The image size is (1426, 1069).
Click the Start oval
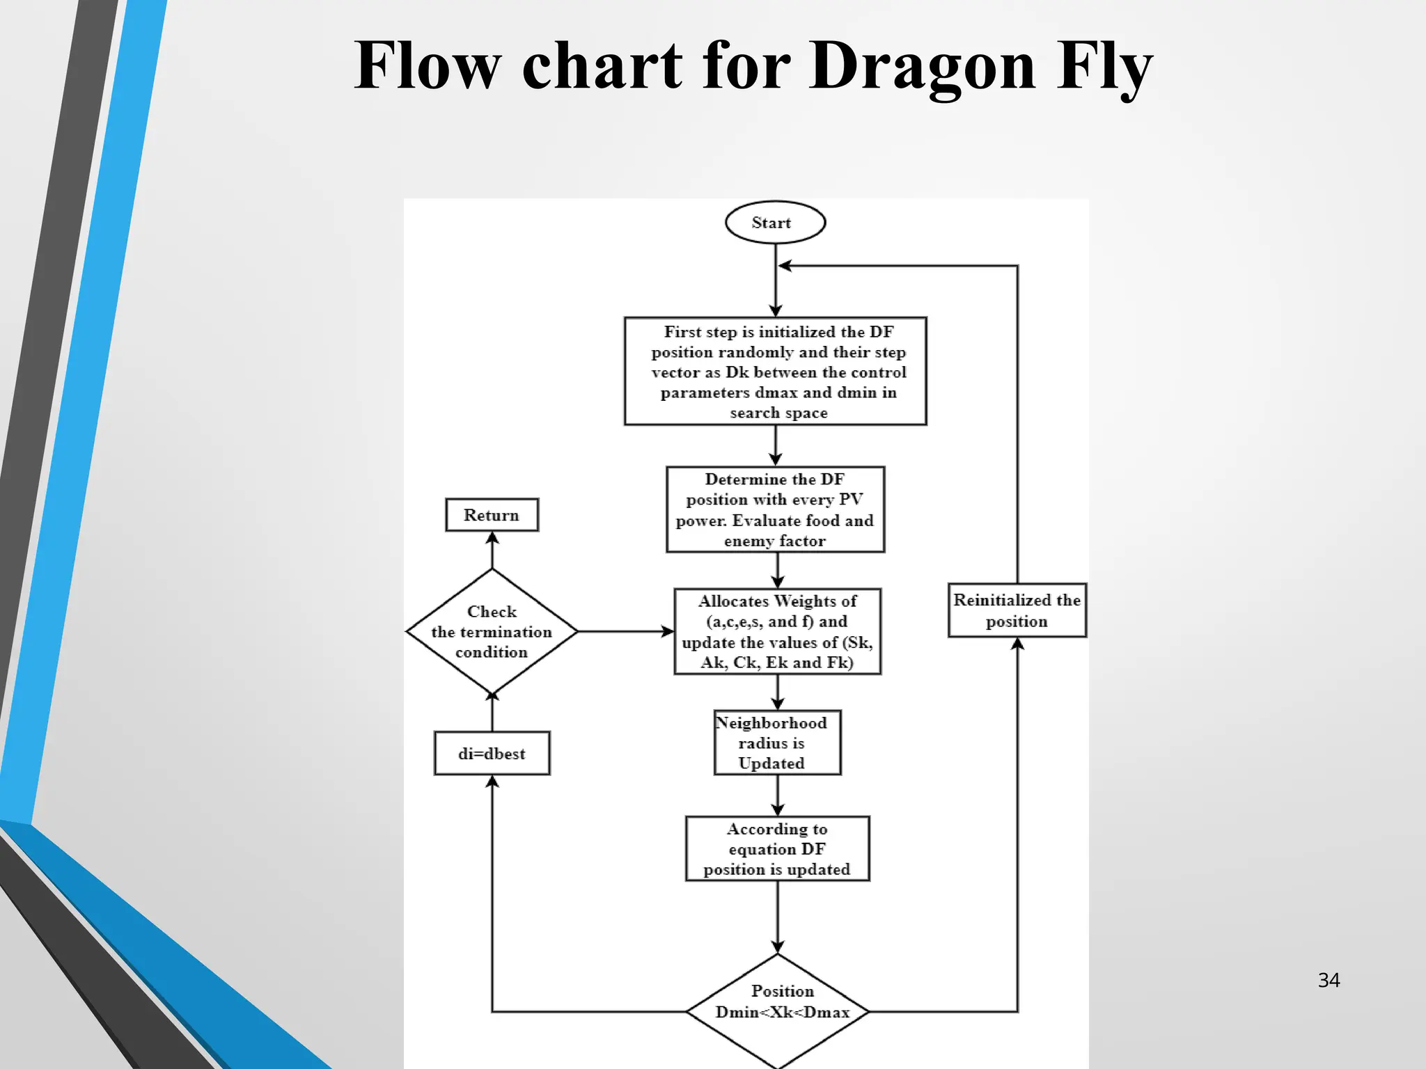point(775,223)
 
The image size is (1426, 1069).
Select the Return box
point(492,515)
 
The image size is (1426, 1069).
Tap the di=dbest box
point(492,753)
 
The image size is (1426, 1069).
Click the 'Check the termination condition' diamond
point(492,631)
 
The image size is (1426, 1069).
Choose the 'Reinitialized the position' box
point(1017,610)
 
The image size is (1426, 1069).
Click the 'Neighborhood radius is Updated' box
point(777,743)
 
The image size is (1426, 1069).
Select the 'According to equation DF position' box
point(777,848)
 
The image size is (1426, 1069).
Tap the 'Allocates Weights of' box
point(777,631)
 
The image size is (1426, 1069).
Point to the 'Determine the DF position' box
point(775,509)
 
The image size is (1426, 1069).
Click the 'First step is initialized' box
point(775,371)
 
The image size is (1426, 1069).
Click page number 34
point(1329,981)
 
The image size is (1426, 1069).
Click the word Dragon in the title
point(923,66)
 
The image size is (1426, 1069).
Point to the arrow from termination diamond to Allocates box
point(625,631)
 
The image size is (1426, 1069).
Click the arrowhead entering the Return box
point(492,538)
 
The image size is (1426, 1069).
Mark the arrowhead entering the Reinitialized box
point(1017,644)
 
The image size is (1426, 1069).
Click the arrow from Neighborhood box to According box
point(778,795)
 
